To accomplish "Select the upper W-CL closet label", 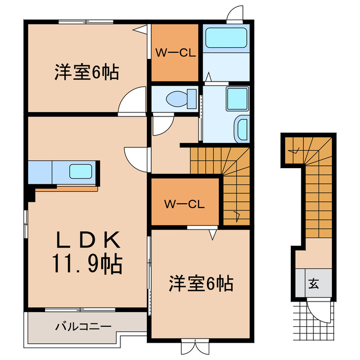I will [x=175, y=54].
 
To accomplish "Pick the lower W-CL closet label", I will [x=183, y=204].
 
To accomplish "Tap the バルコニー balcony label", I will [x=83, y=326].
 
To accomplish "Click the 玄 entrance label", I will [x=313, y=284].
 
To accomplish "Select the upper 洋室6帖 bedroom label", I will [x=86, y=73].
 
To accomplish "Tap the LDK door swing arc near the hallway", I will [x=135, y=157].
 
